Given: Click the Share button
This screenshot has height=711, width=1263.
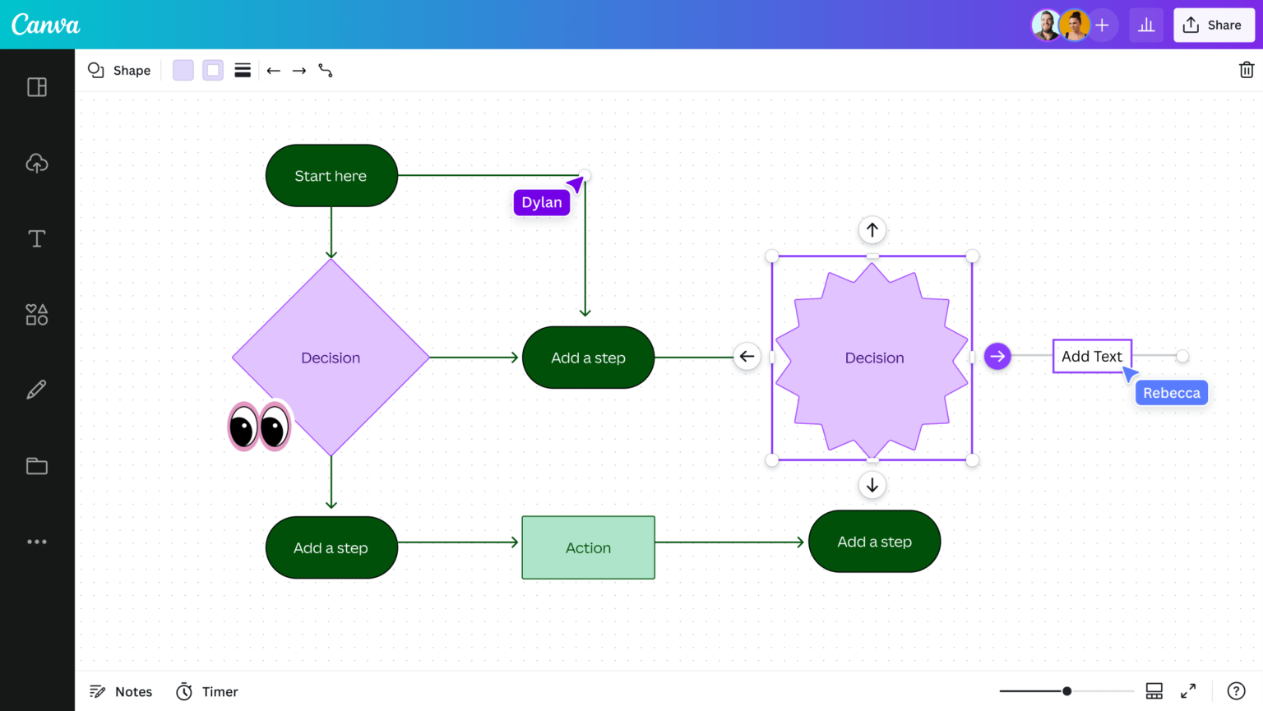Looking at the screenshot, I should [x=1213, y=25].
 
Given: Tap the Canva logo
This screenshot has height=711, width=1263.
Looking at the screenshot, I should [x=46, y=25].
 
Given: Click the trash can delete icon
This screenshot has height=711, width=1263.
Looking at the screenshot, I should [x=1246, y=70].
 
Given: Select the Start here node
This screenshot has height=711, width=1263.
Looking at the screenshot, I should [x=331, y=176].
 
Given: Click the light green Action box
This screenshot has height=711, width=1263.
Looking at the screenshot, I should [x=588, y=547].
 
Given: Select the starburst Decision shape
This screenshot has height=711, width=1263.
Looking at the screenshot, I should [x=872, y=358].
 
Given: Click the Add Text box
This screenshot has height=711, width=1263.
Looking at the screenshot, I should [x=1091, y=356].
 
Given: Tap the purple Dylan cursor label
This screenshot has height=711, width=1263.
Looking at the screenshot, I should [x=542, y=202].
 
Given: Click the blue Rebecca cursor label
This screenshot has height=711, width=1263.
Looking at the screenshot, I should [x=1171, y=393].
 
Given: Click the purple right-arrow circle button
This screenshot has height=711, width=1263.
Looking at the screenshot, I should [x=997, y=356].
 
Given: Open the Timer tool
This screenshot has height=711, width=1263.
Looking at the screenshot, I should [x=207, y=691].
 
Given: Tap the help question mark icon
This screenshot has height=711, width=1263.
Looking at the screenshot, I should [x=1235, y=691].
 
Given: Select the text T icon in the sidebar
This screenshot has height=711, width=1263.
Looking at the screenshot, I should [x=37, y=238].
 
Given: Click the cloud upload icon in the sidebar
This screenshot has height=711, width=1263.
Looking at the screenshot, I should [x=37, y=163].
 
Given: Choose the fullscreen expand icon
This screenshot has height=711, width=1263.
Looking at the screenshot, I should [x=1188, y=691].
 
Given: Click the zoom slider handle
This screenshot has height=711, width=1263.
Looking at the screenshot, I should [x=1066, y=691].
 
